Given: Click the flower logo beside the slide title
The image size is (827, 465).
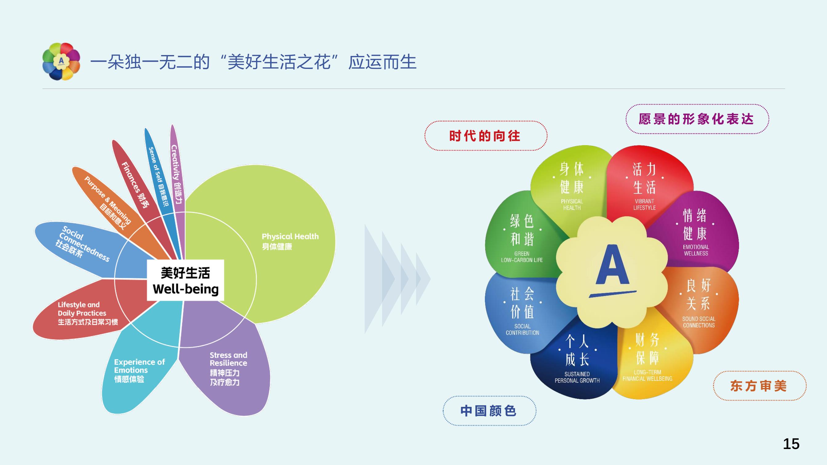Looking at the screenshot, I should [61, 61].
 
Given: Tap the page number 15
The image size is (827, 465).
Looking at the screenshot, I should [791, 444].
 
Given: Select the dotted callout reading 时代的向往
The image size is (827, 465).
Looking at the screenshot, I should [485, 136].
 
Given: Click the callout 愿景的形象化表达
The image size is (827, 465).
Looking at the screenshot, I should [697, 119].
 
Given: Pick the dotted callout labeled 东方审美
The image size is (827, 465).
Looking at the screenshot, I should [759, 386].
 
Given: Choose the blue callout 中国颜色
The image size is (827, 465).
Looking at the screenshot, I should [489, 411].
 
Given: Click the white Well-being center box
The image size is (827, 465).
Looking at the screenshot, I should [186, 280].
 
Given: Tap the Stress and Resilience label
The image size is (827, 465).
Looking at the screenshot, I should [228, 359].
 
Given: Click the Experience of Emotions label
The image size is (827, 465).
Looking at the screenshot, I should [139, 366].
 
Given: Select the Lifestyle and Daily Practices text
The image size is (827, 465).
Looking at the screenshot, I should [82, 309].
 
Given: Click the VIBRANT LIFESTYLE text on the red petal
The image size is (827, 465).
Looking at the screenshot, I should [644, 205].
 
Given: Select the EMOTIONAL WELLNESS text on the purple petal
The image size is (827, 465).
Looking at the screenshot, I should [696, 250].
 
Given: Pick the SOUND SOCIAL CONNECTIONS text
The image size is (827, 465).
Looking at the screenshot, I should [699, 322].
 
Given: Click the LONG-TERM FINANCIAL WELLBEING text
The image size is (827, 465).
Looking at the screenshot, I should [647, 376].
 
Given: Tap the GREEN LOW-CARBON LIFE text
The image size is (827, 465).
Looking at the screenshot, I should [522, 257].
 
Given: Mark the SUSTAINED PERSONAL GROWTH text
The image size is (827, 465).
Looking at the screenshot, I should [577, 377].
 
